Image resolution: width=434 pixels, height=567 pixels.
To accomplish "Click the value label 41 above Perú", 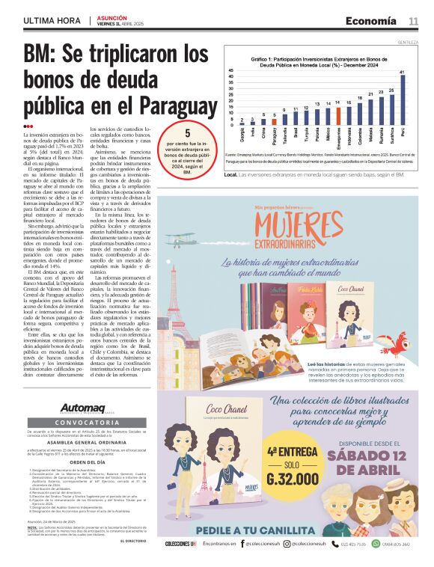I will (x=403, y=71).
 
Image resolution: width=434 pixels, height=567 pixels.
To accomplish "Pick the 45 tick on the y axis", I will (x=231, y=71).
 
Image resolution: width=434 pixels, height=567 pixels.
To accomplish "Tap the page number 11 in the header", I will (x=413, y=21).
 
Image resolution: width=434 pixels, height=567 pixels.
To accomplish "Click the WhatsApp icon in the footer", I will (x=376, y=544).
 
